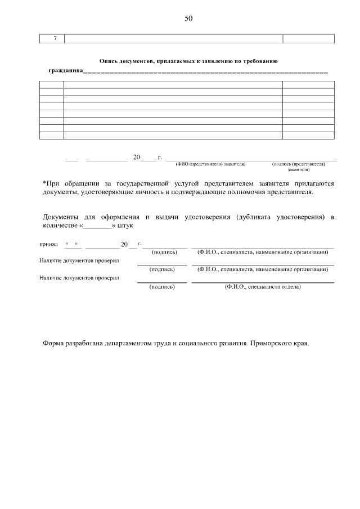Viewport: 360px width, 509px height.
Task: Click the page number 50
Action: [x=188, y=19]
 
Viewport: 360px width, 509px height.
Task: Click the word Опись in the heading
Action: [x=109, y=61]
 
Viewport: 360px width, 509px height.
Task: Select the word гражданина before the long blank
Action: [x=65, y=71]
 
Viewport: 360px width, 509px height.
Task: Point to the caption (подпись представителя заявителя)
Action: [x=298, y=166]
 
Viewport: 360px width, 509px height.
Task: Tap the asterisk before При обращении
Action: [x=44, y=183]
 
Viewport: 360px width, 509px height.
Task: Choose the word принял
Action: [x=48, y=245]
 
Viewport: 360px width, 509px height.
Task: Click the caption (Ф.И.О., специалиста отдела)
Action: [x=263, y=287]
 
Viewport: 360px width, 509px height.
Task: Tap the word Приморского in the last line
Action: [x=269, y=344]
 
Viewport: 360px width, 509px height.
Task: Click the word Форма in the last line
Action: [x=54, y=344]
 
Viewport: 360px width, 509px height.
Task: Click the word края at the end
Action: [x=300, y=344]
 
